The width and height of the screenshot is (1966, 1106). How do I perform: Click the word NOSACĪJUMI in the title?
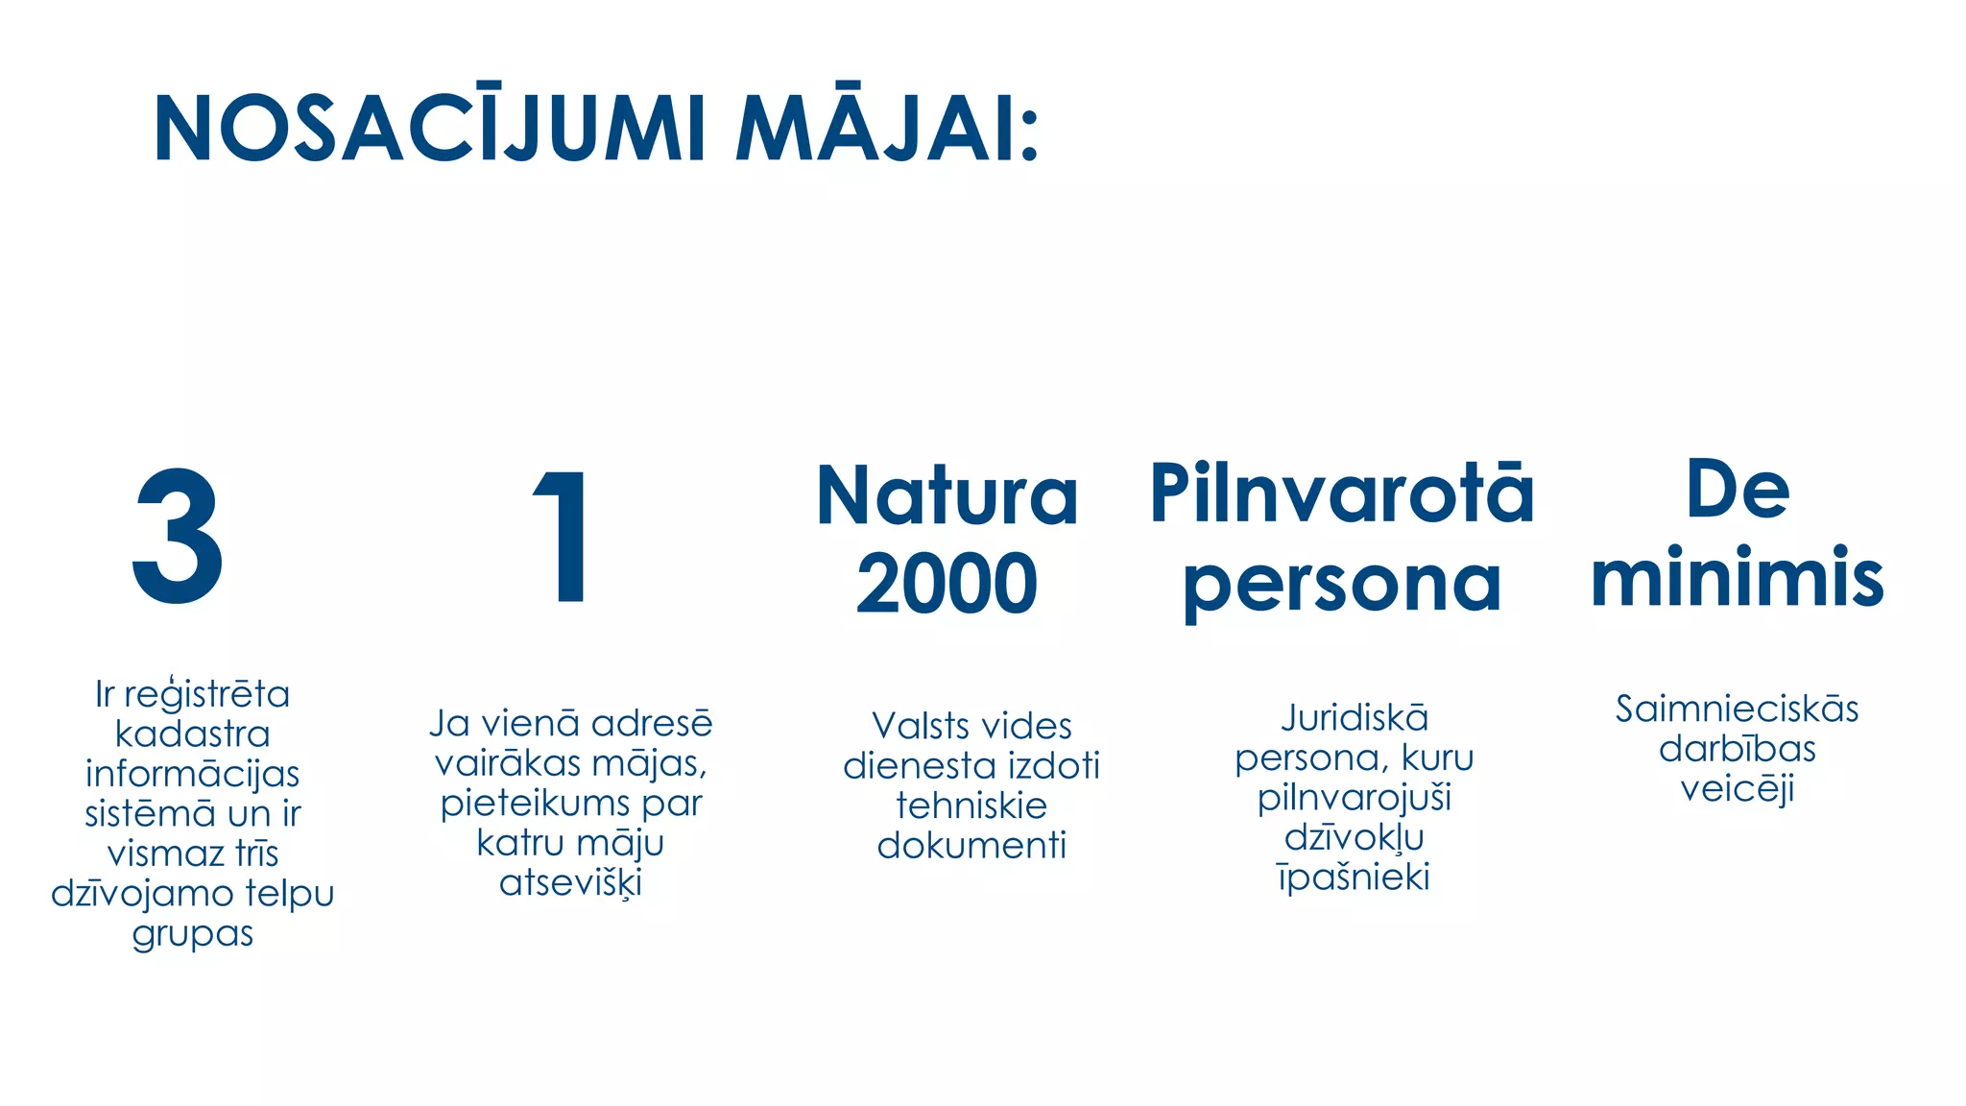coord(430,130)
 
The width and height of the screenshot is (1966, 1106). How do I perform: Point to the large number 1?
coord(563,538)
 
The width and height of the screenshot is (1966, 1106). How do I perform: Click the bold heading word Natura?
coord(947,496)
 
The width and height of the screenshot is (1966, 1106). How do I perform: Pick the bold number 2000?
coord(947,584)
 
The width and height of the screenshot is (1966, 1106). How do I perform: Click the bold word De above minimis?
coord(1738,490)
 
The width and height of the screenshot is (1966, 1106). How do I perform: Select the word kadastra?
coord(192,734)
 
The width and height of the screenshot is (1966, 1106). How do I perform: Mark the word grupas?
coord(192,934)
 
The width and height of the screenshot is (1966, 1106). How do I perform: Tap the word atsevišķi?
coord(570,883)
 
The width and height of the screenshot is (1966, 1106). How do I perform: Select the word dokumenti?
coord(971,846)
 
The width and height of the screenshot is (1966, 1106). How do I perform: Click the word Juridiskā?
coord(1355,718)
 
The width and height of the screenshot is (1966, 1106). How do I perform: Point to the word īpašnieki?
coord(1354,878)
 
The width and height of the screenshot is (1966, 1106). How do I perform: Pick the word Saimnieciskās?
coord(1737,709)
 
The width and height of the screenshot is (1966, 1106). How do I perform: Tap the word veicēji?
coord(1737,789)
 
